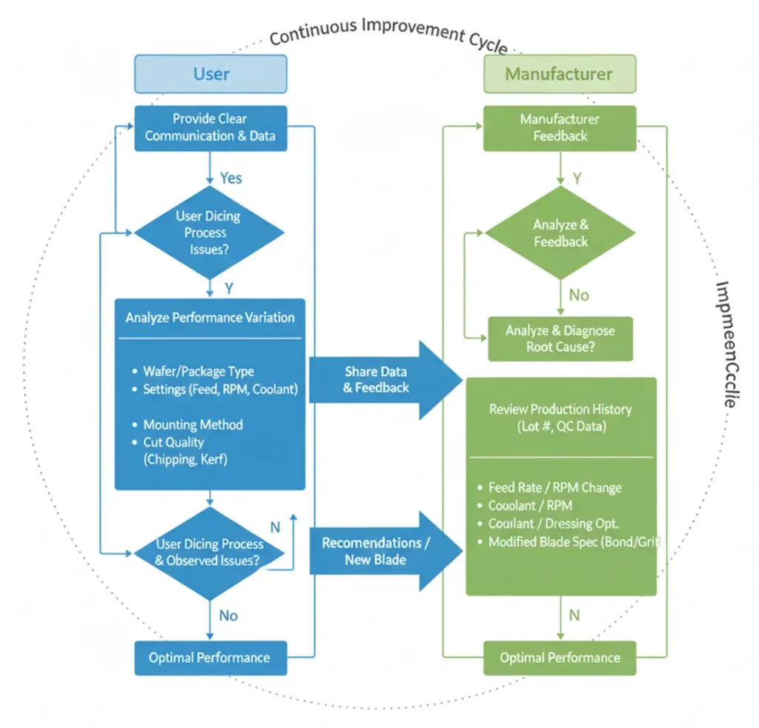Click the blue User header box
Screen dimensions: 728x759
click(211, 74)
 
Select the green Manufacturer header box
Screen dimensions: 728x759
click(559, 74)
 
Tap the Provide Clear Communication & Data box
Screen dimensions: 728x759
click(211, 127)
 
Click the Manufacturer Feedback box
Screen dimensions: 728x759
click(560, 127)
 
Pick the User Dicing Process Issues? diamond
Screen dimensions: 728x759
click(210, 233)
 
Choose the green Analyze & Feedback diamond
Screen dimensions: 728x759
click(560, 233)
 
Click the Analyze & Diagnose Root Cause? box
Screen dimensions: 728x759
click(560, 339)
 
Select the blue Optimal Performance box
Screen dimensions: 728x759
click(210, 658)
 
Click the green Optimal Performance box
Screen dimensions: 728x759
click(560, 658)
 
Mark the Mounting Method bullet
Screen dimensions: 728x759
click(193, 425)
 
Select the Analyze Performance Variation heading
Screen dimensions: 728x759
click(210, 318)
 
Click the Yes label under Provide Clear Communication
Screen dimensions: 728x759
click(231, 178)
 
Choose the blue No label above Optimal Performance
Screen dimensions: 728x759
click(228, 616)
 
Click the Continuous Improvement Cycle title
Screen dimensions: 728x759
click(388, 34)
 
